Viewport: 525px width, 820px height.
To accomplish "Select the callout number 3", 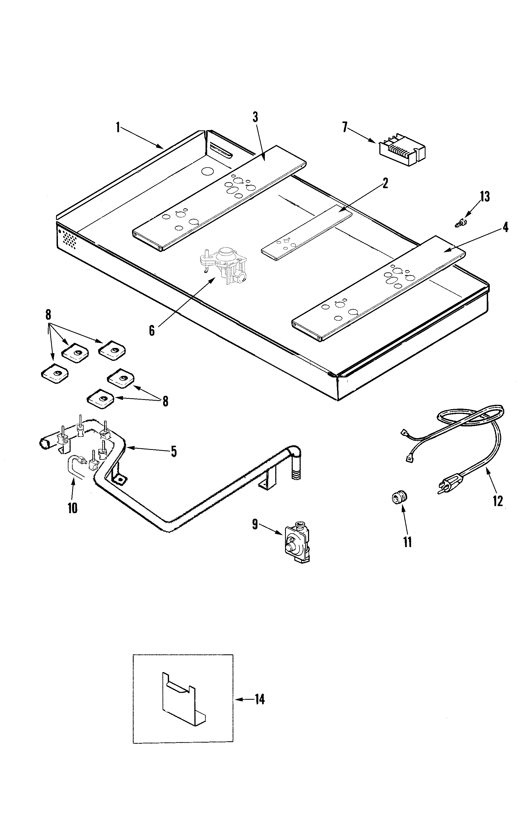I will tap(255, 117).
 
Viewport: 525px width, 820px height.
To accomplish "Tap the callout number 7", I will tap(345, 128).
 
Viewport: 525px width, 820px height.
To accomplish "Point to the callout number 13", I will tap(485, 197).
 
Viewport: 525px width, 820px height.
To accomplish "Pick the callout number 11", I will tap(407, 542).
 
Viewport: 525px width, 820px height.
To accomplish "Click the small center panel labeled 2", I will tap(306, 233).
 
